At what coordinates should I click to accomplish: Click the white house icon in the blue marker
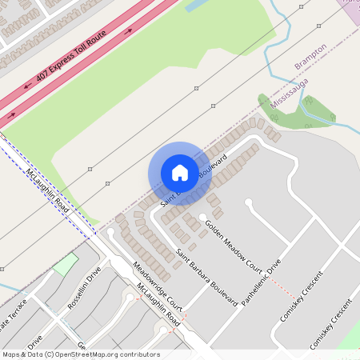179,172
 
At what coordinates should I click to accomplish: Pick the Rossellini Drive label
84,289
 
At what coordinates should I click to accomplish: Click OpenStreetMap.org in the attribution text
86,354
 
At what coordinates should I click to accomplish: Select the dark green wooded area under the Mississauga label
292,113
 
